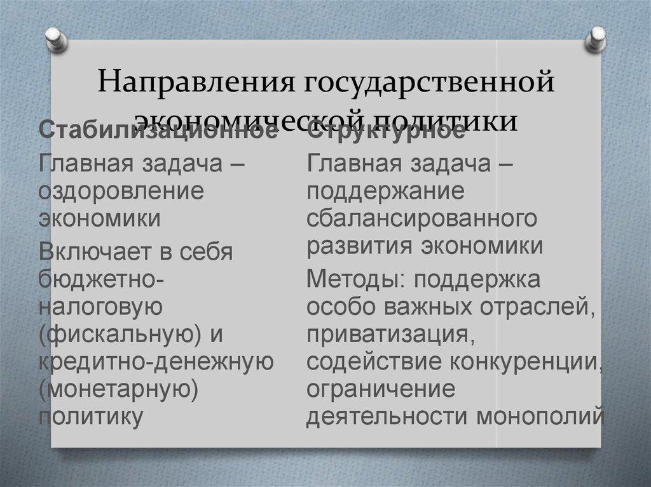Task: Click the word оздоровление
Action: pyautogui.click(x=121, y=190)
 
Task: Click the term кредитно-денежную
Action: pyautogui.click(x=156, y=362)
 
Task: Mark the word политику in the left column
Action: pyautogui.click(x=90, y=417)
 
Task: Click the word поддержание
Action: pyautogui.click(x=385, y=190)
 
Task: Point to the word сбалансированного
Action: pyautogui.click(x=421, y=218)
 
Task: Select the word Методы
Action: pyautogui.click(x=354, y=279)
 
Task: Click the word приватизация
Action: pyautogui.click(x=390, y=335)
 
